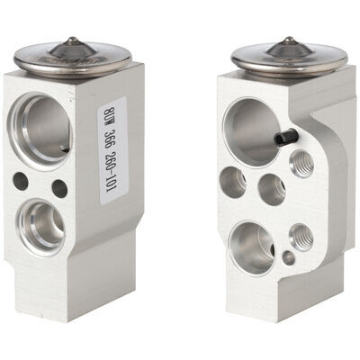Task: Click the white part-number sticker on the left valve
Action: pos(113,151)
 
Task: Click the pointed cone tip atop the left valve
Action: pos(72,39)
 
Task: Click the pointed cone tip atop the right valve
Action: pos(289,39)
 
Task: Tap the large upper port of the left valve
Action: pos(40,130)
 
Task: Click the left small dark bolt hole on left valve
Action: pos(21,181)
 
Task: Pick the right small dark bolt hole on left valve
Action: pos(59,188)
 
